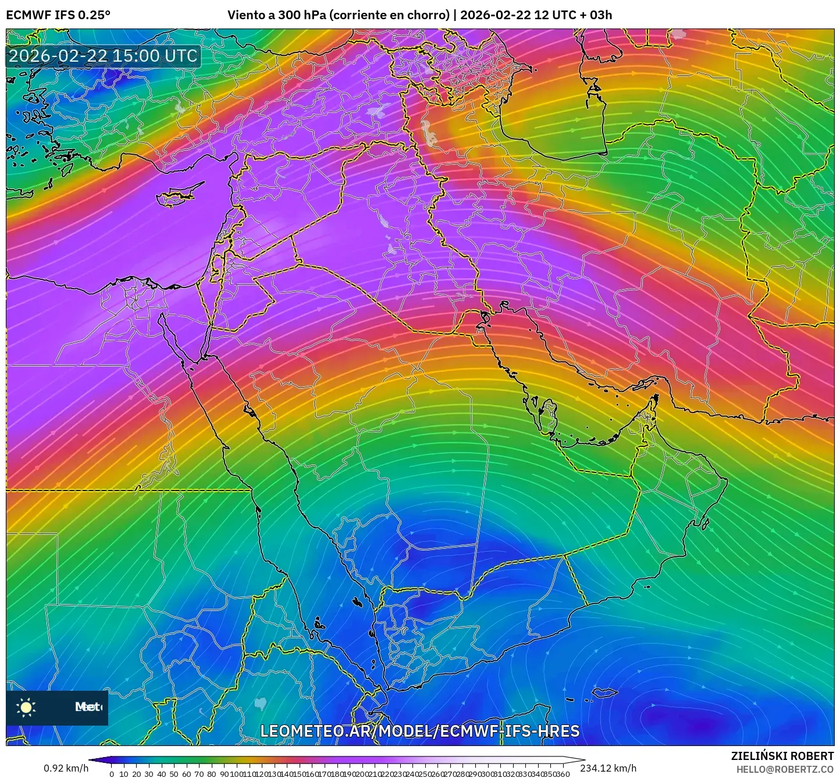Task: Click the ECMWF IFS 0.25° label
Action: [58, 15]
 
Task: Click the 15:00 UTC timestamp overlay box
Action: [103, 56]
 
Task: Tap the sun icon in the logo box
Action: [26, 707]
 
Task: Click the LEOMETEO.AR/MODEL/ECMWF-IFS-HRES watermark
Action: [419, 731]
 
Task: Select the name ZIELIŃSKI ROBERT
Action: [782, 756]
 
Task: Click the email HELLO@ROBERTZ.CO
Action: [785, 769]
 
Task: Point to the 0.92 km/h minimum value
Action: [66, 768]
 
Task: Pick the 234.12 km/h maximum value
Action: [608, 768]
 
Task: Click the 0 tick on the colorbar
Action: [112, 774]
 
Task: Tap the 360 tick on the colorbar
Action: [563, 774]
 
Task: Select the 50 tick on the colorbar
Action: [174, 774]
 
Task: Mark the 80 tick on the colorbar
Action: [212, 774]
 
